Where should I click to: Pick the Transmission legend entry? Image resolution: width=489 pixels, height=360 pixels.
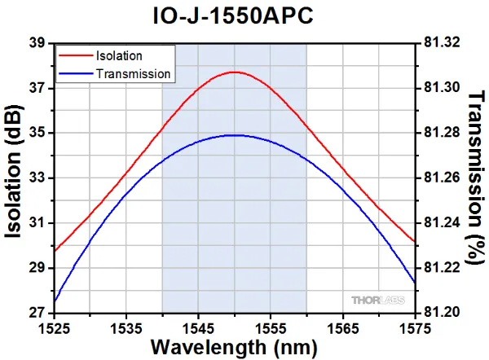coord(133,74)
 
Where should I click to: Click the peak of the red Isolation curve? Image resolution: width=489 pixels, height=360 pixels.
coord(235,72)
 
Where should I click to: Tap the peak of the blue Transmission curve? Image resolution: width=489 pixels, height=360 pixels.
coord(235,135)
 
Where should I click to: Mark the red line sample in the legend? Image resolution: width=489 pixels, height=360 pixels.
coord(76,56)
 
